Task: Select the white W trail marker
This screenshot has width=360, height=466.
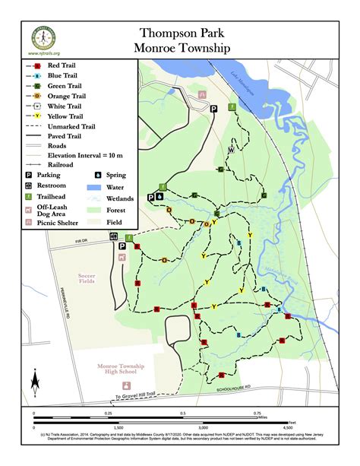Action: (231, 151)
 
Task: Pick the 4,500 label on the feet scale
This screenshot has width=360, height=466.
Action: (286, 428)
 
